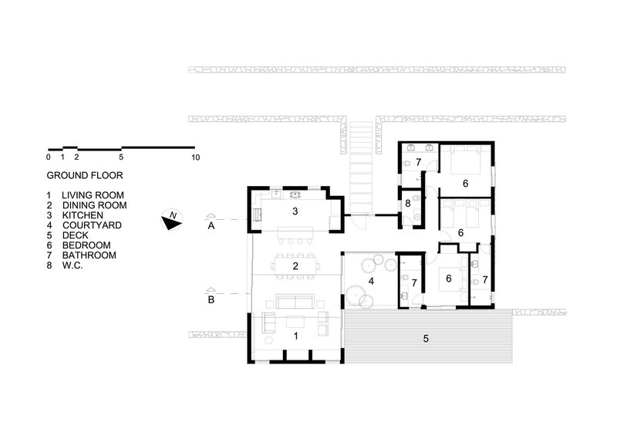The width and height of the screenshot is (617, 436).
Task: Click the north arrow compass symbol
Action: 171,220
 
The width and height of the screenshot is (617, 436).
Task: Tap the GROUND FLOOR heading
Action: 85,175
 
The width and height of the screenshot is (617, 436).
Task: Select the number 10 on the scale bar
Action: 195,157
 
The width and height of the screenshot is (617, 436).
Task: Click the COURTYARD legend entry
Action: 84,225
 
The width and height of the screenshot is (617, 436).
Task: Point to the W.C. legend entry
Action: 65,265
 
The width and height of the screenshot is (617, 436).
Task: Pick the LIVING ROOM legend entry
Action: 85,195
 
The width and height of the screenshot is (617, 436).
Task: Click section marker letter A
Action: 211,226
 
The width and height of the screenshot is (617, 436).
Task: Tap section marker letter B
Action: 211,299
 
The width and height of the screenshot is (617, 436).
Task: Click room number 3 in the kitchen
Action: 295,211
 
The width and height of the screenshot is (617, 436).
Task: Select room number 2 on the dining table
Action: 295,266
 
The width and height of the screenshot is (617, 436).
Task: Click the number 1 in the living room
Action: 296,336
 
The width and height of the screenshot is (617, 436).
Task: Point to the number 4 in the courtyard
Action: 371,281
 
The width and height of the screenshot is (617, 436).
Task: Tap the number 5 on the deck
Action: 426,339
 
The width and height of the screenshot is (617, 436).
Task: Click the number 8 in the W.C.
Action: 408,203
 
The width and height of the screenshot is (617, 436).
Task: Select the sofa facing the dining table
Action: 295,301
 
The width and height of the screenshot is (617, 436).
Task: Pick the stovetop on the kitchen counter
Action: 295,194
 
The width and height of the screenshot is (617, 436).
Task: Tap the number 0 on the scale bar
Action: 49,157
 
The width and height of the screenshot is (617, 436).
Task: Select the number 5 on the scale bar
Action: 121,157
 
